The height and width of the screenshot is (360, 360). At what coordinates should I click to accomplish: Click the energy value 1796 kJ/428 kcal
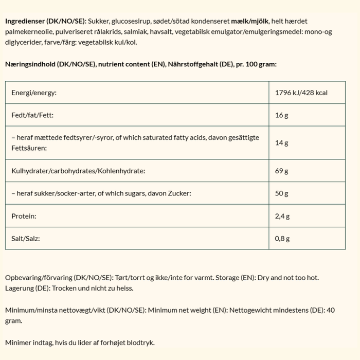coord(301,93)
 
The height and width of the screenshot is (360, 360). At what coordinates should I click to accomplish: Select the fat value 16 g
coord(281,115)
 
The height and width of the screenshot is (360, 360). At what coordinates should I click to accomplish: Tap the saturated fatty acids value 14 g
coord(281,143)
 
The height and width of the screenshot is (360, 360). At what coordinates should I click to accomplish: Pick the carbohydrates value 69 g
coord(281,171)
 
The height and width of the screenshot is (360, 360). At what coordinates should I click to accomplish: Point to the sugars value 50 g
coord(281,193)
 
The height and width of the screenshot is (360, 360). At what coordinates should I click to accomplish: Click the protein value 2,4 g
coord(282,217)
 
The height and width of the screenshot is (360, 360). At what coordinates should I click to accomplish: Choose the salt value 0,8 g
coord(282,239)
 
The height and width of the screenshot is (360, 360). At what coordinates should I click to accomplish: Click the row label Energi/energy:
coord(34,93)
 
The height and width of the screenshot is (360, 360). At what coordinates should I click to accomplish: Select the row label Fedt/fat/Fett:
coord(32,115)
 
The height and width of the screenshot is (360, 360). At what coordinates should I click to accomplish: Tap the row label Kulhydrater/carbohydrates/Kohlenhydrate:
coord(78,171)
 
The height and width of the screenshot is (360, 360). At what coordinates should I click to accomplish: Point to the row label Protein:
coord(24,217)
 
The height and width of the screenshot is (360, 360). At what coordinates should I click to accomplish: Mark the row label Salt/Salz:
coord(26,239)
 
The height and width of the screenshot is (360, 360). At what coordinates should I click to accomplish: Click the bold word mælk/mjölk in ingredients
coord(248,22)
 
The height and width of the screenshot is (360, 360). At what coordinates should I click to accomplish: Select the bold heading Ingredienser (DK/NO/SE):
coord(45,22)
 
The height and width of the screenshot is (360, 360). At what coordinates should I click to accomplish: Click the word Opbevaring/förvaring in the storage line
coord(39,278)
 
